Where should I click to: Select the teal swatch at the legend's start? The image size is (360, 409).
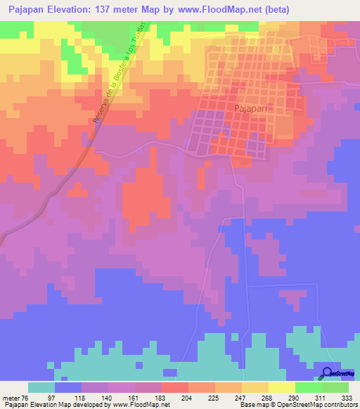(41, 387)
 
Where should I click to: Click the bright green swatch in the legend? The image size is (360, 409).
(309, 387)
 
